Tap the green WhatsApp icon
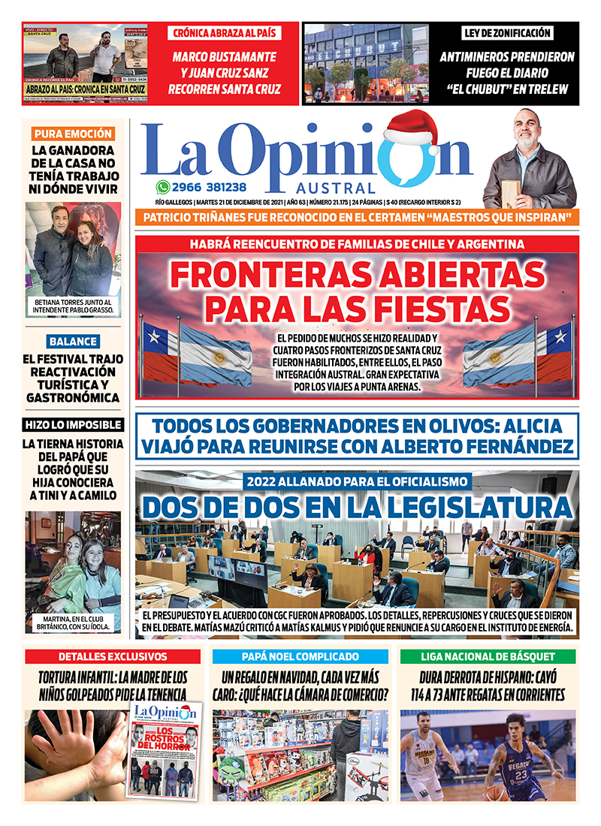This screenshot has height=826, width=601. pos(162,187)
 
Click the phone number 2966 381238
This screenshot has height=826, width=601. pos(209,187)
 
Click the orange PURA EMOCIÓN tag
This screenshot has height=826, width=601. pos(73,134)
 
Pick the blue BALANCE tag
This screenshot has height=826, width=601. pos(73,341)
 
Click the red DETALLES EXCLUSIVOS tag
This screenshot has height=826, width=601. pos(113,656)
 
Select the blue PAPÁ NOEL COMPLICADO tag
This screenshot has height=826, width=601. pos(300,656)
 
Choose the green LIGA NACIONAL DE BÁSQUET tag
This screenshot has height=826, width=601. pos(488,656)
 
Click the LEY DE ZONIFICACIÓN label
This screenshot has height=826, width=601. pos(507,33)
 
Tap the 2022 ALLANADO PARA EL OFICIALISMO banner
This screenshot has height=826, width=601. pos(358,481)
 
